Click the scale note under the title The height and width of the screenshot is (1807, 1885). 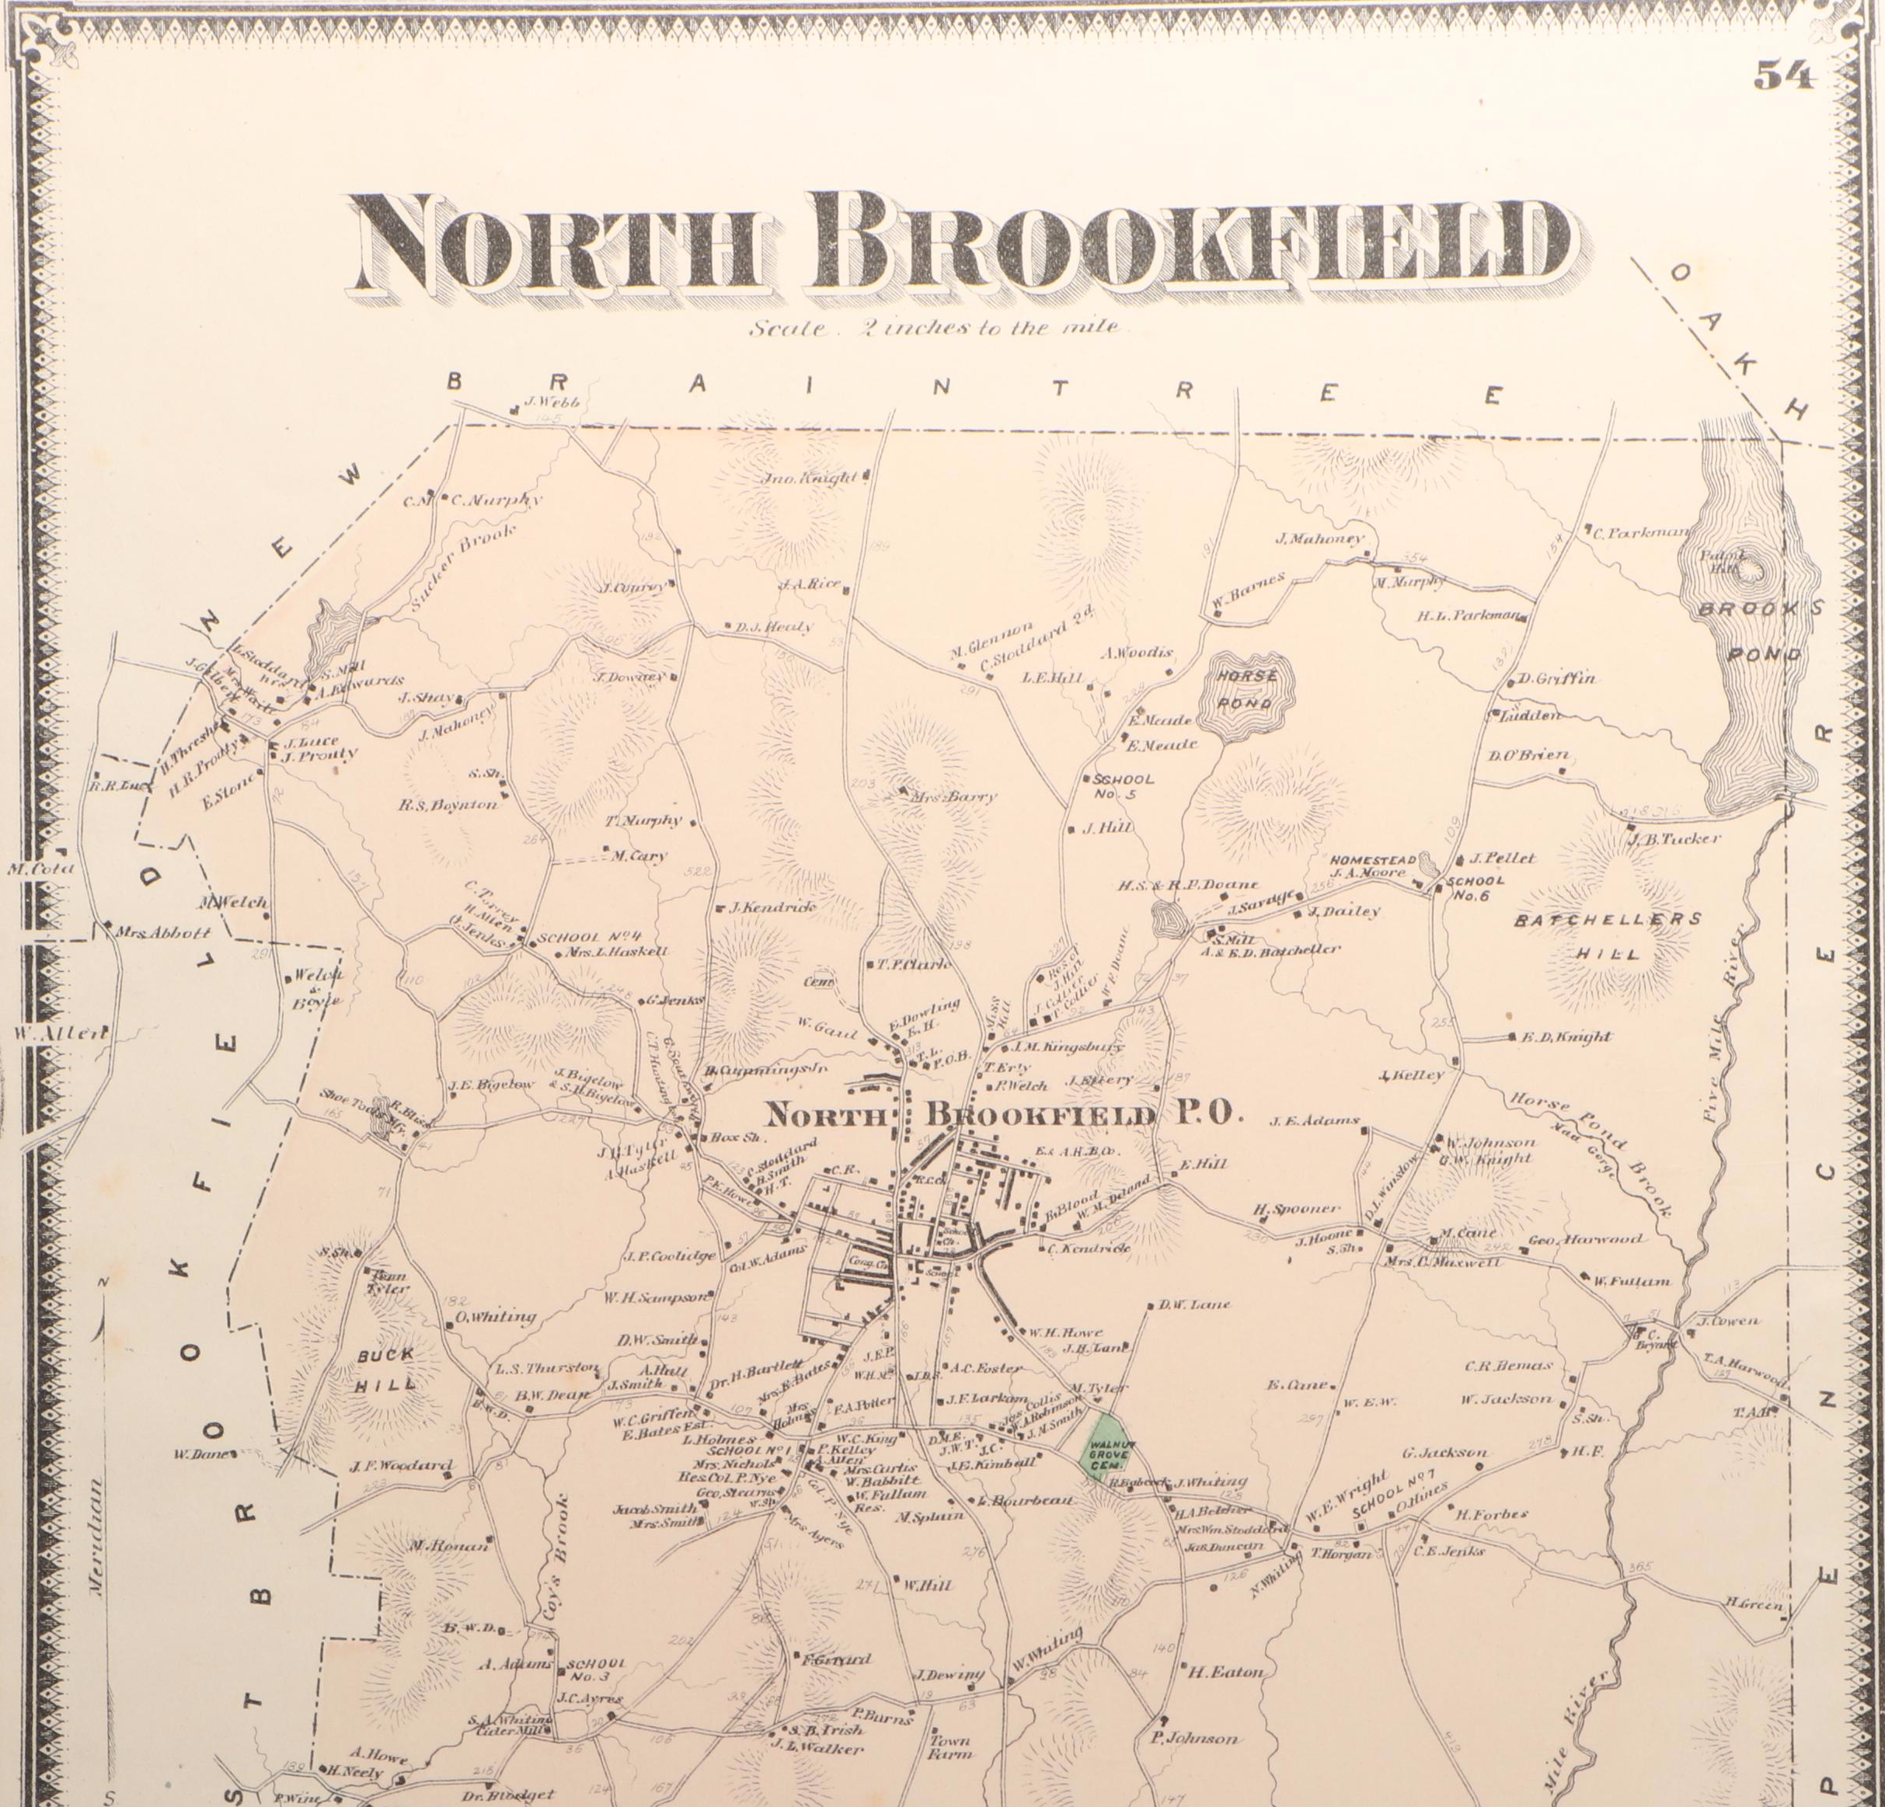click(935, 328)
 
